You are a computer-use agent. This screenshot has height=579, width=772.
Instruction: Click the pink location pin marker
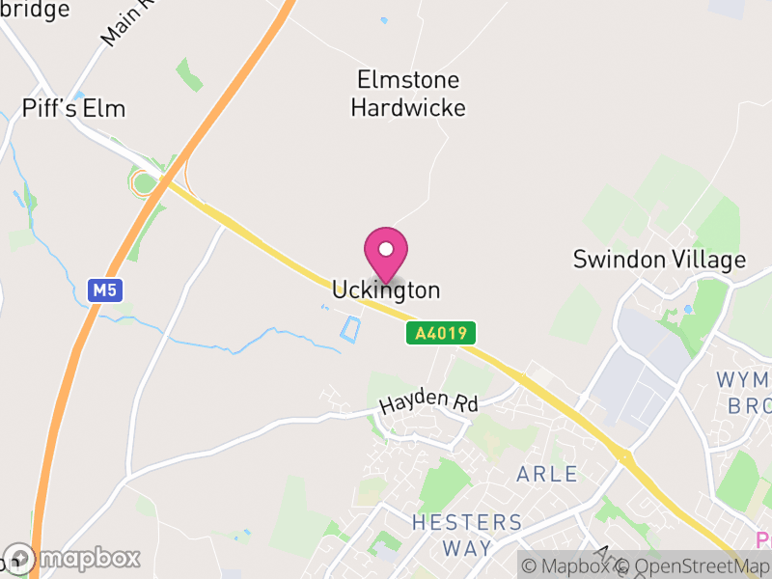pos(386,253)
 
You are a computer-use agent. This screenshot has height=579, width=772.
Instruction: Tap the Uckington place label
pos(386,289)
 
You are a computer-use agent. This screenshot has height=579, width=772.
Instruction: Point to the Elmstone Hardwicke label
pos(407,94)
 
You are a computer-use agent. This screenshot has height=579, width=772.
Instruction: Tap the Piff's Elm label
pos(74,108)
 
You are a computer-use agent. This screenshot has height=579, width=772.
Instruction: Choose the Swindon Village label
pos(659,260)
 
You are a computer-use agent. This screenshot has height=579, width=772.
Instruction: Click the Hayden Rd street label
pos(428,404)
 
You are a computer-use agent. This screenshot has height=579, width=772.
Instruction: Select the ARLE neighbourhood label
pos(547,474)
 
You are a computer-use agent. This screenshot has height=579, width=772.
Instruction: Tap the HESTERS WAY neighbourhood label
pos(466,535)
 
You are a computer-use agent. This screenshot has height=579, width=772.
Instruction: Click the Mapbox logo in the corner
pos(71,558)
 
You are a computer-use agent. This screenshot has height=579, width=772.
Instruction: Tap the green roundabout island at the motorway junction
pos(144,182)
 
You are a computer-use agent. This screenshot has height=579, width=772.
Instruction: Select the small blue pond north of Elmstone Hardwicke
pos(384,20)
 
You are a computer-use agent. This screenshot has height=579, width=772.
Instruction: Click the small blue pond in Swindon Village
pos(687,310)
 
